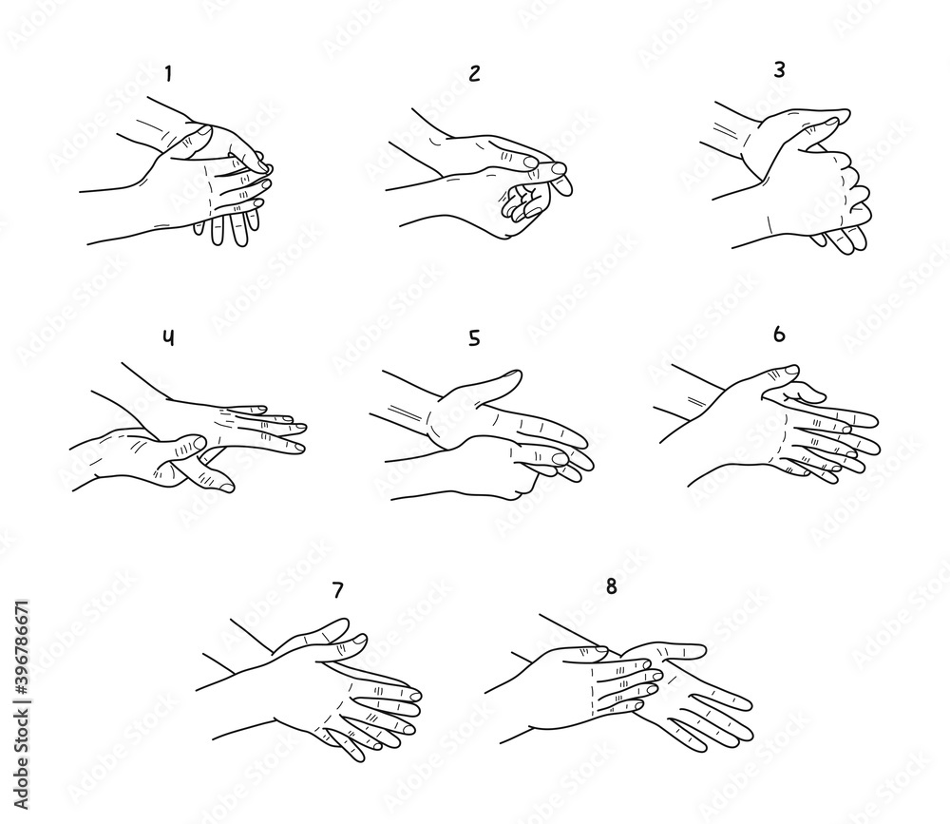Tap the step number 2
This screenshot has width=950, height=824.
[473, 75]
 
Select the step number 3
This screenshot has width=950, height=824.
[781, 68]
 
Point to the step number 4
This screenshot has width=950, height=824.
[168, 338]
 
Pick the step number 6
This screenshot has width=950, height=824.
[780, 334]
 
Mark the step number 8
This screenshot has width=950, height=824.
[611, 586]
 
